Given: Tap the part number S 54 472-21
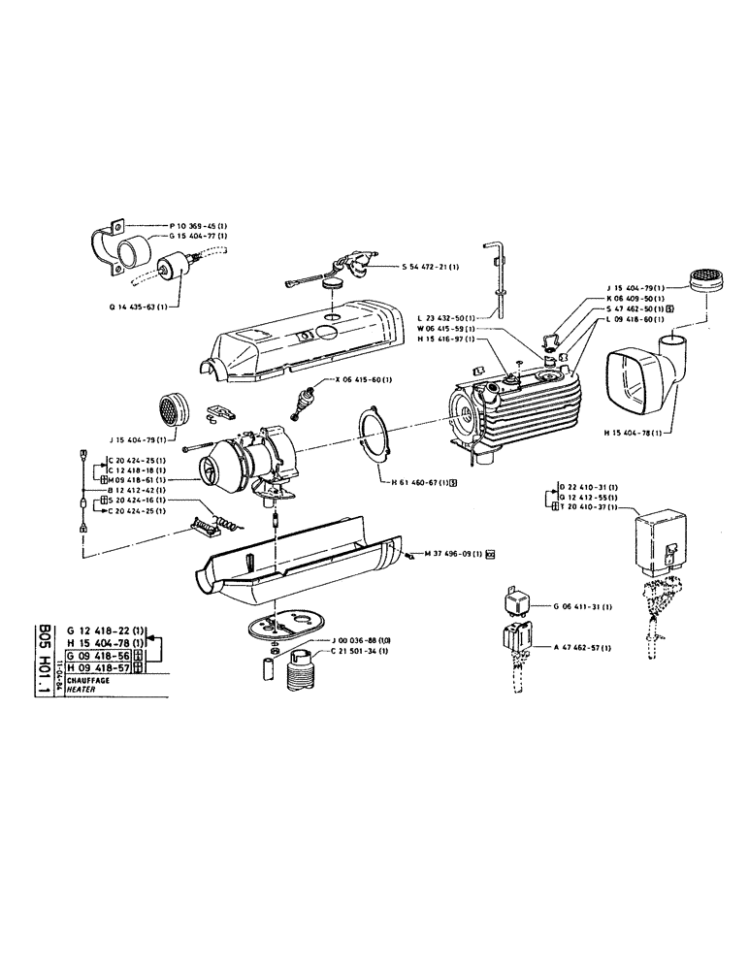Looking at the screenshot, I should click(430, 266).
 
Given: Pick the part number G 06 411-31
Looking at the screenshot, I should click(581, 606).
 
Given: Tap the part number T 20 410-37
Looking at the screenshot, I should click(590, 506).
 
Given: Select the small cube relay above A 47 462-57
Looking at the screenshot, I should click(518, 601).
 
